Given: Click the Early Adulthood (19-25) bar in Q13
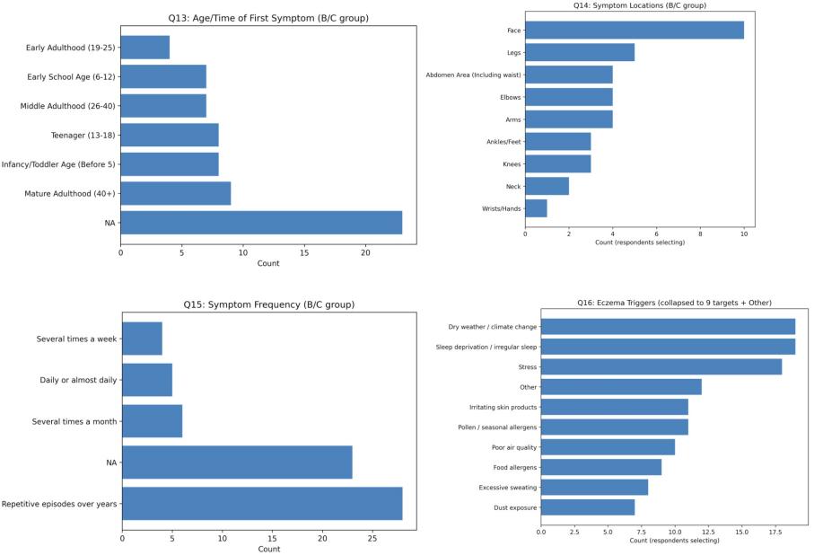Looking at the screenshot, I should [144, 47].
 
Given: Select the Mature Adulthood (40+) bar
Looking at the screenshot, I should [176, 193].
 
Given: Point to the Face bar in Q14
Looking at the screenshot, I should [635, 30].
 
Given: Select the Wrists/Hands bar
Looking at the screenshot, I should [536, 208].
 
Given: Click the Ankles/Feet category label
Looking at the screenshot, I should [500, 141].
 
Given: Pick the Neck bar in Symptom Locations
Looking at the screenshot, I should [547, 186].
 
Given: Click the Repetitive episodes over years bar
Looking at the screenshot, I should [262, 504].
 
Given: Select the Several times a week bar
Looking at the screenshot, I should [142, 339].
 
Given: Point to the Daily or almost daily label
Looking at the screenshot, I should [78, 380].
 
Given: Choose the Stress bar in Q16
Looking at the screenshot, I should [661, 366].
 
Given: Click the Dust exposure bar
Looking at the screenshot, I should [588, 507].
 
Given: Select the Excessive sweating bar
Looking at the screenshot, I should [594, 487].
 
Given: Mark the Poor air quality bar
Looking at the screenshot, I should [608, 447].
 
